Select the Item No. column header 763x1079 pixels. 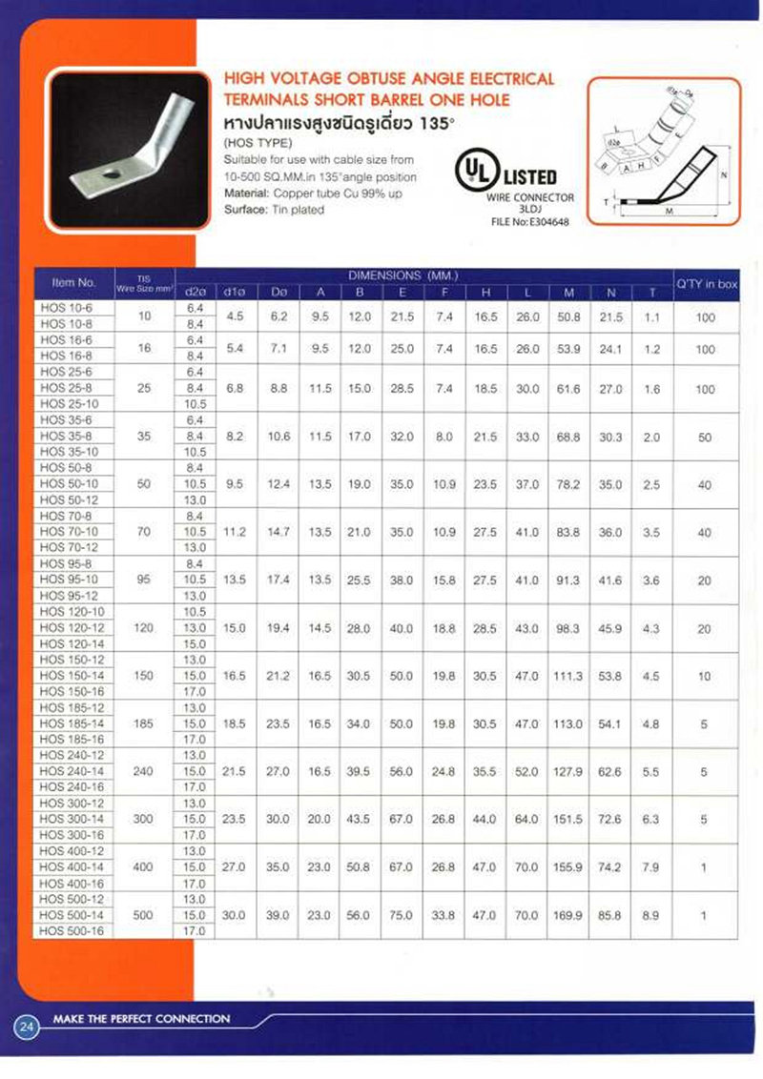73,282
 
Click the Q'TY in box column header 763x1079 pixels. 706,282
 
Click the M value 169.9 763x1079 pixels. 568,915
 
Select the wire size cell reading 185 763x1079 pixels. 144,723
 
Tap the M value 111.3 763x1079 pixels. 568,676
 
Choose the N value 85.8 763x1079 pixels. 610,915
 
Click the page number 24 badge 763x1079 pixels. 26,1028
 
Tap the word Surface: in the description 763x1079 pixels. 244,210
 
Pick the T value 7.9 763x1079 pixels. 651,866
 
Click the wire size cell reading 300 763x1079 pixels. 144,820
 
